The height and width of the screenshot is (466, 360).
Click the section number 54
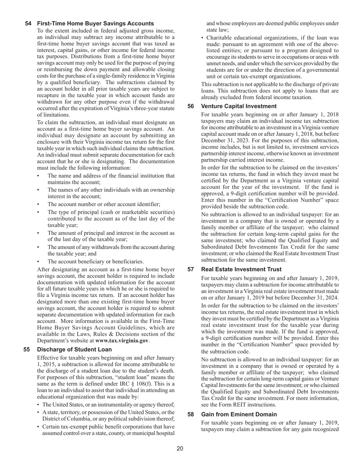(x=28, y=23)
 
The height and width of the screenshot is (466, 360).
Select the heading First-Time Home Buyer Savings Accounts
(x=95, y=23)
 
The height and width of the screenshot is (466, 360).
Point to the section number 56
(x=191, y=106)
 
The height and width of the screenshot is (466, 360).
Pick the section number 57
(x=191, y=269)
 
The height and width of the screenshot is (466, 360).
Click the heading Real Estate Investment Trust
(x=241, y=269)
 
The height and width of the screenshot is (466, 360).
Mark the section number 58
(x=191, y=414)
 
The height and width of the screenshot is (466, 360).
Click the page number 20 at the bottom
(x=180, y=449)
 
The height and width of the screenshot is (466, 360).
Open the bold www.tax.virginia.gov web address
(x=122, y=341)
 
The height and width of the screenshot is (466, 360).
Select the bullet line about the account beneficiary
(x=95, y=261)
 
